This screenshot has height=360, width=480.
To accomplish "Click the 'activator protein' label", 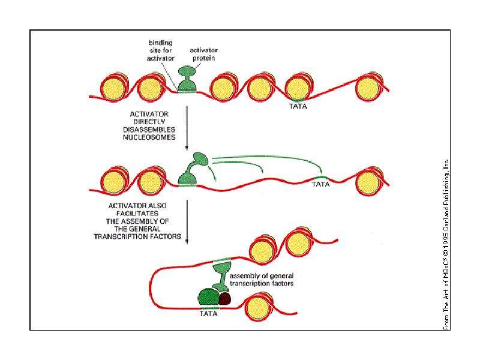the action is (203, 54).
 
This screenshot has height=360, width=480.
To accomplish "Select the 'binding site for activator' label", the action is (160, 50).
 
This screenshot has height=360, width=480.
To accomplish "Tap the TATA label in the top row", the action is (298, 106).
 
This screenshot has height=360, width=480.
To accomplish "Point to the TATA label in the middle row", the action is (320, 184).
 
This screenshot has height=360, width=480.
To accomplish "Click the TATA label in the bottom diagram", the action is (208, 314).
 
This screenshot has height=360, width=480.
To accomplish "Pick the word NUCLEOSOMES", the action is (149, 137).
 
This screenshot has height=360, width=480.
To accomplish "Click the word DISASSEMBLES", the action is (149, 130).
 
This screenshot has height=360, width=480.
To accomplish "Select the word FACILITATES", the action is (137, 214).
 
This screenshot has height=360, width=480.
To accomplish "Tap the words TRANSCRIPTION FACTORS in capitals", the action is (137, 236).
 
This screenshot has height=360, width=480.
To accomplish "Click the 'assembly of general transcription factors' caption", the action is (262, 280).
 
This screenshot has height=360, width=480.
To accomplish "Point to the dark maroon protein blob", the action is (225, 298).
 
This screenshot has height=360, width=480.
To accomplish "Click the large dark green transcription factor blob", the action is (209, 296).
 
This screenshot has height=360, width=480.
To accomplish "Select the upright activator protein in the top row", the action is (187, 79).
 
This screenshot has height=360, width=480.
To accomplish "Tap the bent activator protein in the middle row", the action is (191, 170).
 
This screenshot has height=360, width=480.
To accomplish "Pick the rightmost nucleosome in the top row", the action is (368, 87).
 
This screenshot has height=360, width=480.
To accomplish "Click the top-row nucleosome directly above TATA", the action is (298, 87).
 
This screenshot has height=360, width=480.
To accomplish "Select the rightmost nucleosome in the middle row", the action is (368, 182).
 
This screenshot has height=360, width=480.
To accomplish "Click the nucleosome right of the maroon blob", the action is (259, 307).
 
